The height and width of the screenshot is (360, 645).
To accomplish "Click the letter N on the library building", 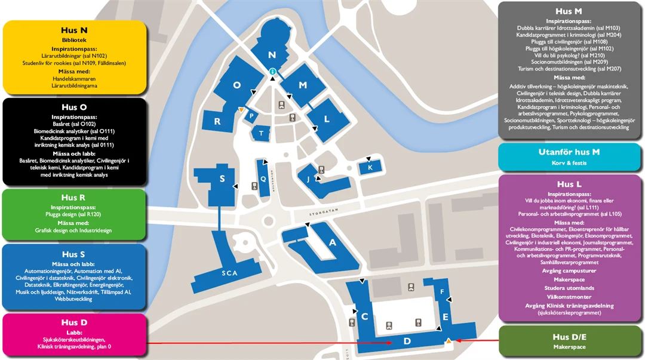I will pyautogui.click(x=272, y=55).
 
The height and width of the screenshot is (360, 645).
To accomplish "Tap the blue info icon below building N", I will pyautogui.click(x=272, y=72).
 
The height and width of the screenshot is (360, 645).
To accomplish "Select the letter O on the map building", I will pyautogui.click(x=237, y=85).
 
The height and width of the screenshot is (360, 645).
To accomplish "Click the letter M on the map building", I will pyautogui.click(x=303, y=85).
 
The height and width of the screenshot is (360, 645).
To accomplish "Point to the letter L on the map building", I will pyautogui.click(x=327, y=119).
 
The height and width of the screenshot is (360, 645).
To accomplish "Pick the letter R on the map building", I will pyautogui.click(x=217, y=121).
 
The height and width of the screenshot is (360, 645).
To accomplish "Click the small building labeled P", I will pyautogui.click(x=252, y=116).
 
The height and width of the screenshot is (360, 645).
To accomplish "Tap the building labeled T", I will pyautogui.click(x=262, y=133).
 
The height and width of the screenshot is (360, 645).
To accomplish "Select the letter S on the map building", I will pyautogui.click(x=222, y=179).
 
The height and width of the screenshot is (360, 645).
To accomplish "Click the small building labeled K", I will pyautogui.click(x=370, y=168).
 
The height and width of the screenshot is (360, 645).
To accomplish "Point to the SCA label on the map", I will pyautogui.click(x=229, y=273).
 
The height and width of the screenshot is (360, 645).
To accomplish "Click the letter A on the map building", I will pyautogui.click(x=333, y=242).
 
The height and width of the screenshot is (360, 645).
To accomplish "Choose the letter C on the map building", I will pyautogui.click(x=364, y=316).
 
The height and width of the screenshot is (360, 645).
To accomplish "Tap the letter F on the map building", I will pyautogui.click(x=442, y=292).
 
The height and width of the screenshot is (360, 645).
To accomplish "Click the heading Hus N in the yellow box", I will pyautogui.click(x=75, y=30).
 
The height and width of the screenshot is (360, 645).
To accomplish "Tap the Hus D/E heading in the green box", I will pyautogui.click(x=569, y=337).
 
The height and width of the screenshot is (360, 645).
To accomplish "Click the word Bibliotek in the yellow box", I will pyautogui.click(x=75, y=40).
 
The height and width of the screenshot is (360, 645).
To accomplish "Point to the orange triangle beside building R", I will pyautogui.click(x=240, y=110).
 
